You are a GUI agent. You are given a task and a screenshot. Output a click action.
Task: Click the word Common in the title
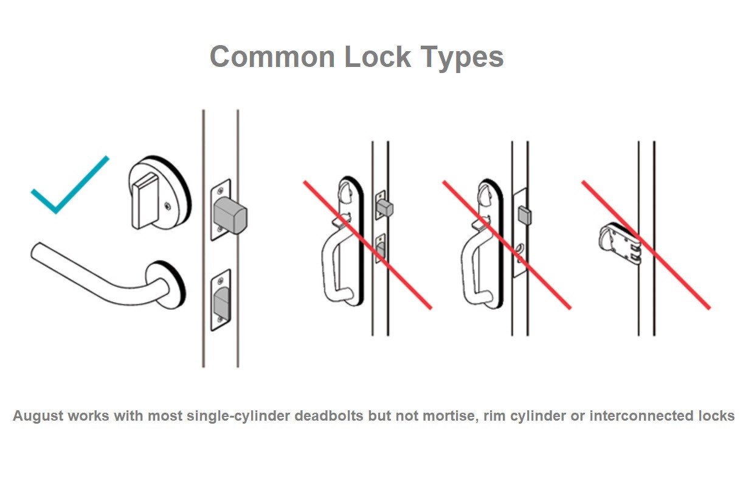click(x=272, y=57)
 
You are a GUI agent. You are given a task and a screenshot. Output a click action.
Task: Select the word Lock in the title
click(x=378, y=56)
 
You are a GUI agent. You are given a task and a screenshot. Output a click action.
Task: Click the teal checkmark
click(x=70, y=184)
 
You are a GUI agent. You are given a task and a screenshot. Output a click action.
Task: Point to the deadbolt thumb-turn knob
click(x=145, y=201)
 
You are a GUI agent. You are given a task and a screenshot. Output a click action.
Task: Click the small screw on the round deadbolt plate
click(x=167, y=206)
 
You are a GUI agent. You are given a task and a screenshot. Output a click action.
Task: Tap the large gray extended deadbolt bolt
click(x=230, y=215)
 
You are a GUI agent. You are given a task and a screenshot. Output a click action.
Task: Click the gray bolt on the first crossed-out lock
click(x=385, y=208)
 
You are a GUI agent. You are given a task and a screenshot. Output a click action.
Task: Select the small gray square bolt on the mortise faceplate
click(x=525, y=215)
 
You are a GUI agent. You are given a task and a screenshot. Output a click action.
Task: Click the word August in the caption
click(x=38, y=416)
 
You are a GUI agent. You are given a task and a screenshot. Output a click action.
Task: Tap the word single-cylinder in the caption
click(x=238, y=416)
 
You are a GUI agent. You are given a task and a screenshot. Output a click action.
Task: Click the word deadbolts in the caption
click(x=329, y=416)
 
